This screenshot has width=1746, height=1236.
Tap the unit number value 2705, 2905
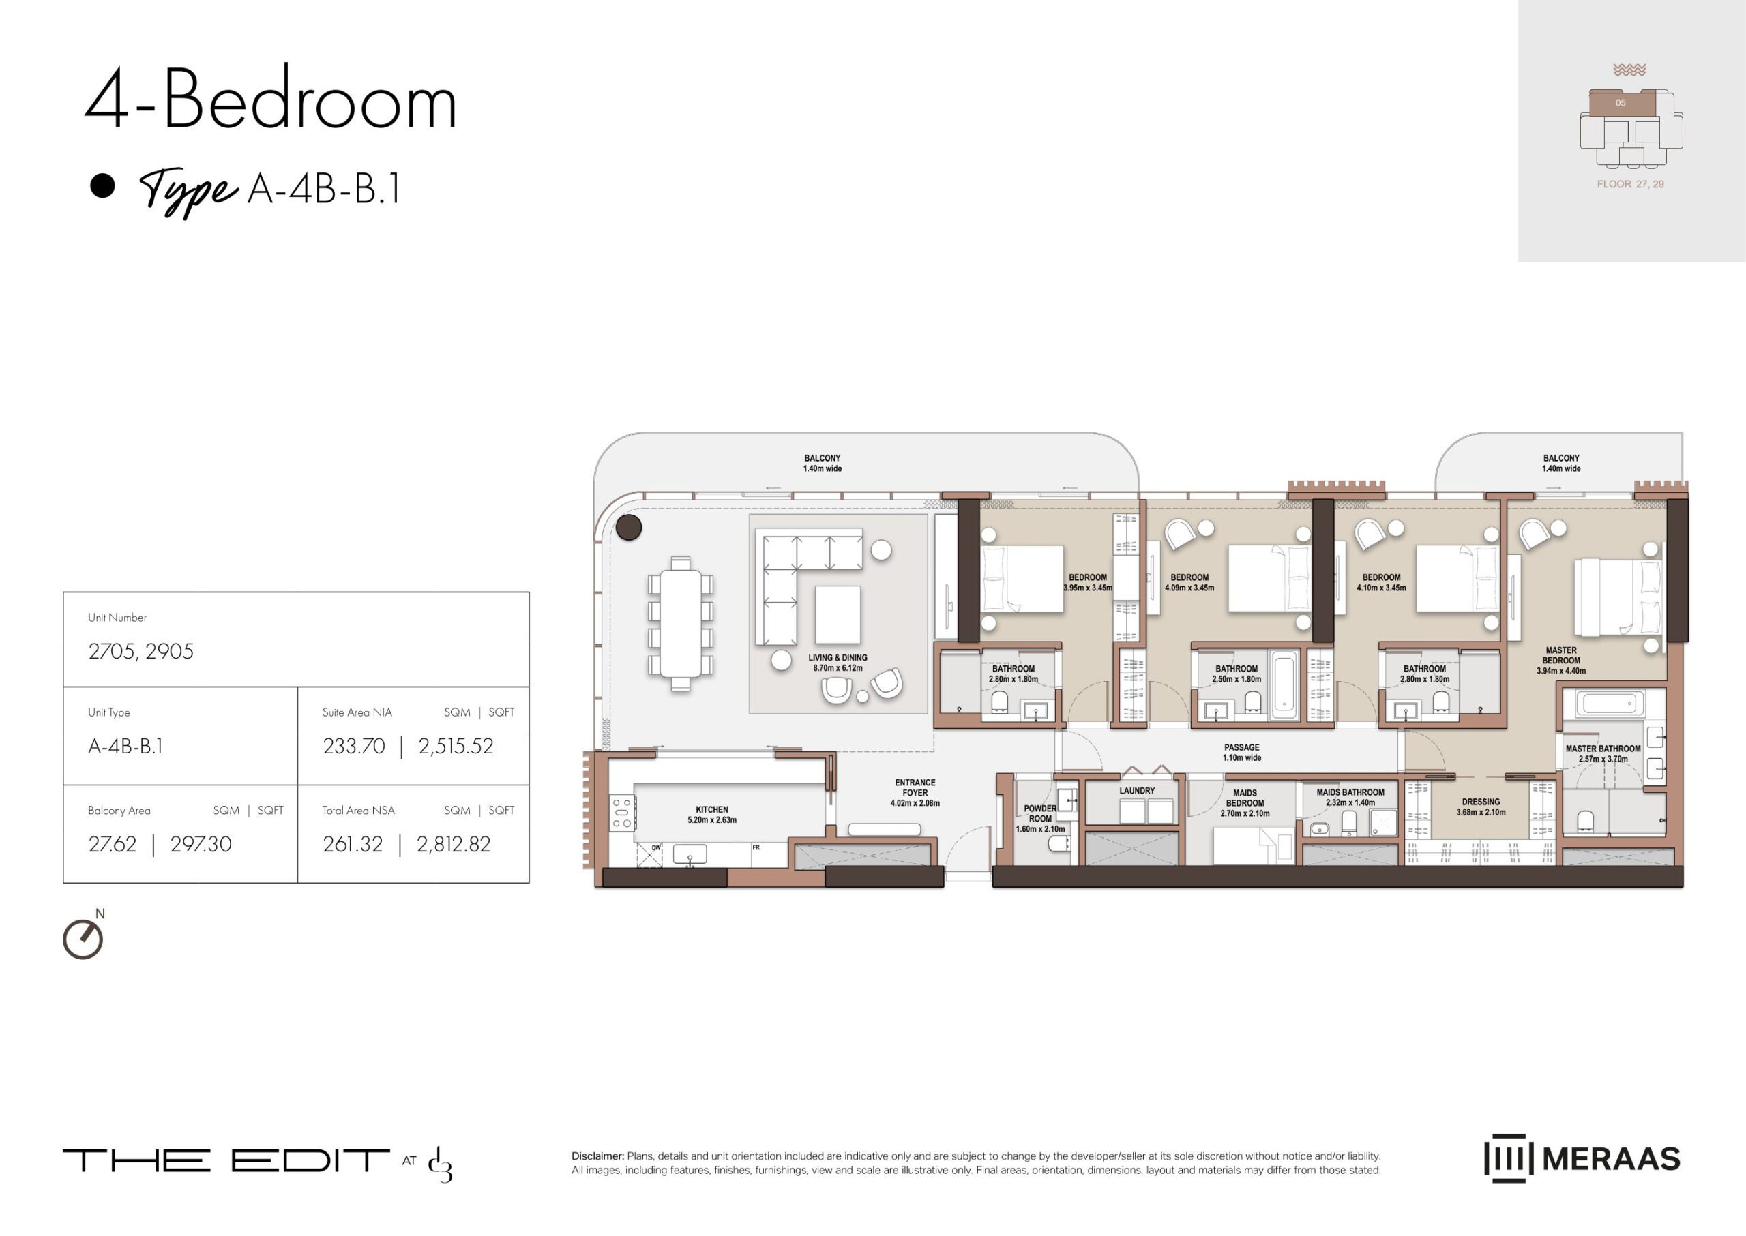(x=141, y=652)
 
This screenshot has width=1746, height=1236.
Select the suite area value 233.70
(x=354, y=746)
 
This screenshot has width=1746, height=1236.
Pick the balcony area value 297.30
(x=201, y=844)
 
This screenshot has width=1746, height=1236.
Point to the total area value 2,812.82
(x=454, y=844)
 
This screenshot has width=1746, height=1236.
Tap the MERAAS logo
(x=1582, y=1158)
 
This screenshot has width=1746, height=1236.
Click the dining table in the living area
(x=681, y=624)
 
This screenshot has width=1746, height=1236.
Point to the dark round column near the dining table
(x=629, y=527)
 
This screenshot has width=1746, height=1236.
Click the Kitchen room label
(x=712, y=815)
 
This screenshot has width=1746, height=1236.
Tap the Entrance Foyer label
(x=915, y=792)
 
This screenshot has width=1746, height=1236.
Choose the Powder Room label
(x=1040, y=818)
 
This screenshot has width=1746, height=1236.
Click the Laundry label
(x=1137, y=791)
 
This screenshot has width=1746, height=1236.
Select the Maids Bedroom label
(x=1245, y=803)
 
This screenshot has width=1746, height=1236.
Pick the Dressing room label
(x=1481, y=807)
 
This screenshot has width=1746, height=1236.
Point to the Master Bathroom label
(x=1603, y=753)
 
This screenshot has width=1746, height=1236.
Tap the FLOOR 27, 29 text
(x=1630, y=184)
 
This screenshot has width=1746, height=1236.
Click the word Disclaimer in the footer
(x=597, y=1156)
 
